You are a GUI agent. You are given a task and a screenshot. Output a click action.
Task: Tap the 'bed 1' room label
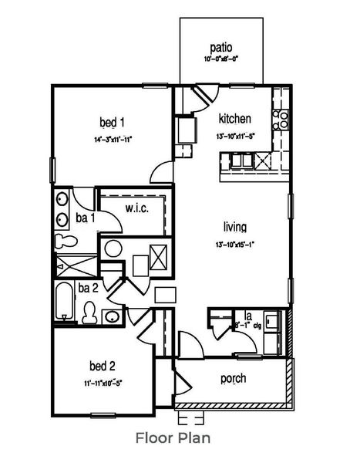point(113,122)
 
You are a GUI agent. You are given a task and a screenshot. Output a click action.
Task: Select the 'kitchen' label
point(235,119)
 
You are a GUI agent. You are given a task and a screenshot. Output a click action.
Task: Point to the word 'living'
point(235,228)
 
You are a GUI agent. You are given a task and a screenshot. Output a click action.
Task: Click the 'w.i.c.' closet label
point(137,208)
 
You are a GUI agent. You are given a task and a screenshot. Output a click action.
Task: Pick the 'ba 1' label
point(87,218)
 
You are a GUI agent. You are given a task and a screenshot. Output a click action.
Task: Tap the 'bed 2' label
point(102,366)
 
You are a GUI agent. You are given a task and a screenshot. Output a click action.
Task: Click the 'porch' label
point(233,379)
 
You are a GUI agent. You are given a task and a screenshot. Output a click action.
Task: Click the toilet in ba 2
point(89,312)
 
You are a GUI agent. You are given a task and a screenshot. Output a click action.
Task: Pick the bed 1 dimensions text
point(113,140)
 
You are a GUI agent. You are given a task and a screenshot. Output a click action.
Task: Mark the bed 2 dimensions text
point(102,382)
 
